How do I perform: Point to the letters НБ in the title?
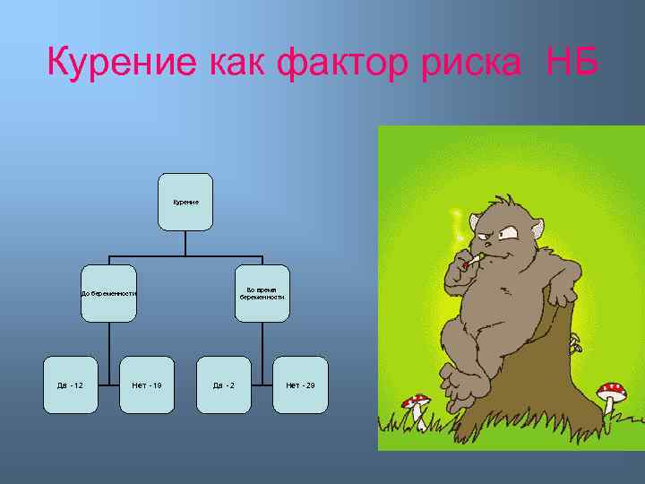click(571, 62)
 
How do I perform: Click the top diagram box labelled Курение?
click(186, 202)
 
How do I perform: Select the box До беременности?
click(108, 293)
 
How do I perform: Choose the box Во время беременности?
click(263, 293)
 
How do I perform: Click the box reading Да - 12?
click(71, 385)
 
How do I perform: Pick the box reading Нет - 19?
click(147, 385)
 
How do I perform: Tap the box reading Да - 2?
click(224, 385)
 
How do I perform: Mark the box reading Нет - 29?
click(300, 385)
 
